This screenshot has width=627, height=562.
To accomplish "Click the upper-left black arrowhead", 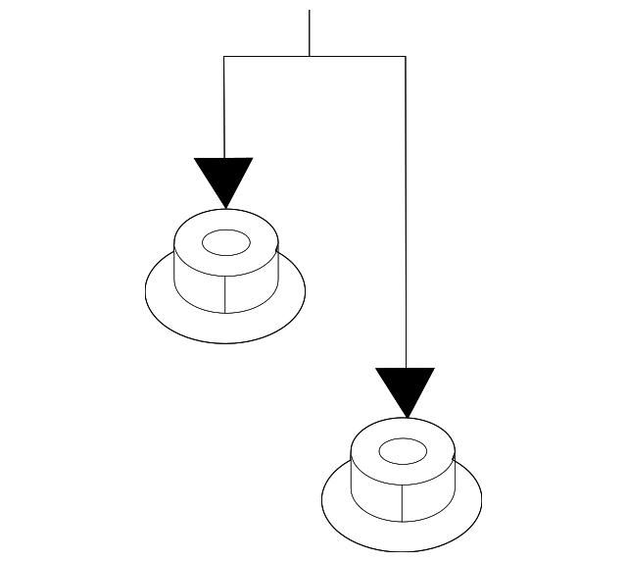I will coord(224,177).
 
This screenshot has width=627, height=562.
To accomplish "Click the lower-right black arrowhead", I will coord(405,386).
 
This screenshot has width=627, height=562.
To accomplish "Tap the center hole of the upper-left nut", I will coord(225,241).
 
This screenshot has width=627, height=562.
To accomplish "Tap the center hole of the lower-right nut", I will coord(402,451).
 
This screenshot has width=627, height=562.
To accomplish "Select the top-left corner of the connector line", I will coord(224,57).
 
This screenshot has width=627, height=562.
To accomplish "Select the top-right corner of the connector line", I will coord(405,57).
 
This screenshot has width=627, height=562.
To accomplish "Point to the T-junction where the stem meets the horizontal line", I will coord(310,57).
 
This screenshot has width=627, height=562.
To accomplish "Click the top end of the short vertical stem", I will coord(310,12).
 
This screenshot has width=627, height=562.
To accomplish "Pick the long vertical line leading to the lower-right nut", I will coord(405,216).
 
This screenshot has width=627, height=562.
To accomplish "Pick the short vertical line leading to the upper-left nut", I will coord(224,108).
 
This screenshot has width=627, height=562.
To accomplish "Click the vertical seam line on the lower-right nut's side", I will coord(403,503).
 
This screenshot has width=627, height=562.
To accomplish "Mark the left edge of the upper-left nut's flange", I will coord(146,290).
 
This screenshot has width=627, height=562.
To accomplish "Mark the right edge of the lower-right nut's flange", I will coord(482,499).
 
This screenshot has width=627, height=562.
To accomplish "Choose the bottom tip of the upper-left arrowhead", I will coord(224,207).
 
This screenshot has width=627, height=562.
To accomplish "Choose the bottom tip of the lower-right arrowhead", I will coord(405,417).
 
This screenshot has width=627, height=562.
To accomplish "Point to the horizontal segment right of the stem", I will coord(358,57).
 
